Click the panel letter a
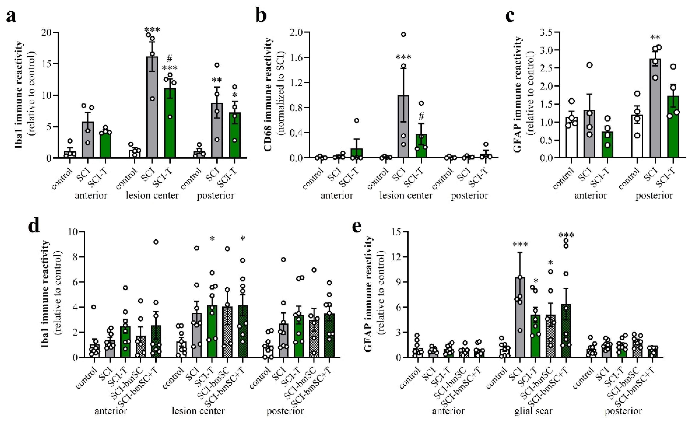11,16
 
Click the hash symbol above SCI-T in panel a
169,59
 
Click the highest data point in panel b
403,34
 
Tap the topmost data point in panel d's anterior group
156,242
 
